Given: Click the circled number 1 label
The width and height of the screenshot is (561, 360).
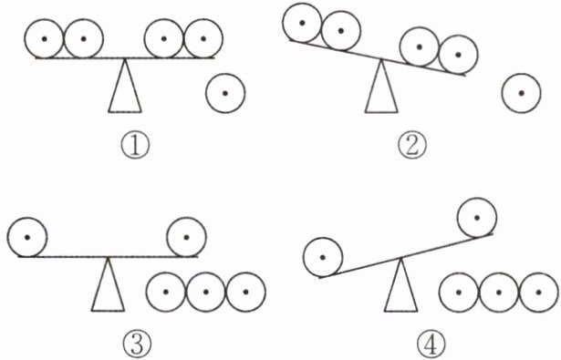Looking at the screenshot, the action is pyautogui.click(x=135, y=147).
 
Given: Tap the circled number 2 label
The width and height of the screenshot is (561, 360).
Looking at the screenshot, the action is pyautogui.click(x=412, y=147).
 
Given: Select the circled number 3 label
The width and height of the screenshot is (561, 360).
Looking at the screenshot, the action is pyautogui.click(x=137, y=344).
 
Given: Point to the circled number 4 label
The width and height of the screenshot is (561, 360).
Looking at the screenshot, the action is pyautogui.click(x=431, y=344).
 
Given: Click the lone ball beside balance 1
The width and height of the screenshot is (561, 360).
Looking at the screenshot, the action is pyautogui.click(x=225, y=93).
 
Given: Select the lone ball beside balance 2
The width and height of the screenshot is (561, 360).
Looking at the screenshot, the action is pyautogui.click(x=521, y=93).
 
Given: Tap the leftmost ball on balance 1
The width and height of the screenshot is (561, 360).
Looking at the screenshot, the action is pyautogui.click(x=45, y=38).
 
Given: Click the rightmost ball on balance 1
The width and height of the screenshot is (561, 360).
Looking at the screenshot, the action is pyautogui.click(x=203, y=38).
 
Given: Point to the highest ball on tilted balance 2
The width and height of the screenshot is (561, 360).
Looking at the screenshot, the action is pyautogui.click(x=302, y=23).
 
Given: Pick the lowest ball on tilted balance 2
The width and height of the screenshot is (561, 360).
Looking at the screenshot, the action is pyautogui.click(x=458, y=55).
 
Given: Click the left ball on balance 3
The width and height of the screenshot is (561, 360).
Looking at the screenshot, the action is pyautogui.click(x=27, y=237).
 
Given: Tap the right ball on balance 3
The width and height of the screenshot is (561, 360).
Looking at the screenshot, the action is pyautogui.click(x=186, y=237).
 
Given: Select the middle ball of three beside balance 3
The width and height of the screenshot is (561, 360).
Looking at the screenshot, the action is pyautogui.click(x=206, y=292).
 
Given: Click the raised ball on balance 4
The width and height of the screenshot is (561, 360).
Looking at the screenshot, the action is pyautogui.click(x=477, y=217).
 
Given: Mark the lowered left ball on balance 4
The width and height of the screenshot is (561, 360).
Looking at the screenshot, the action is pyautogui.click(x=323, y=257).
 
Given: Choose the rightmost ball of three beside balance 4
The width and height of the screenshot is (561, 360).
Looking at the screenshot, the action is pyautogui.click(x=538, y=292).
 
